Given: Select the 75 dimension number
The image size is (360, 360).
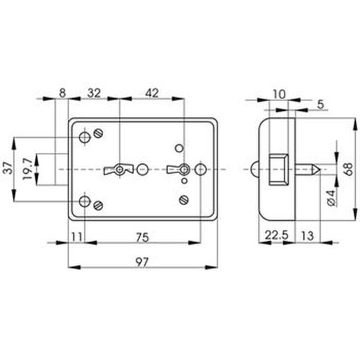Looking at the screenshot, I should point(143,237).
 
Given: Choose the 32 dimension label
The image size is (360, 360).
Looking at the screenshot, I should point(93,91).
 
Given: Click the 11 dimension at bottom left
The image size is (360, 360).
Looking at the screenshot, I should point(77,237).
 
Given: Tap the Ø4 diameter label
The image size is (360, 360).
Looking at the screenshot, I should point(331,197).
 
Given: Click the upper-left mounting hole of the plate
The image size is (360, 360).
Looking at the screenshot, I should point(85,137).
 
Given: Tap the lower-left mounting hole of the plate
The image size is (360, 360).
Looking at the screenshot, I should point(85,201).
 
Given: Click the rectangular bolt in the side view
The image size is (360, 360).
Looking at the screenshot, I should point(279,169).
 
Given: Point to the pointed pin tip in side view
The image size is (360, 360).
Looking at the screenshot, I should point(315,169).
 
